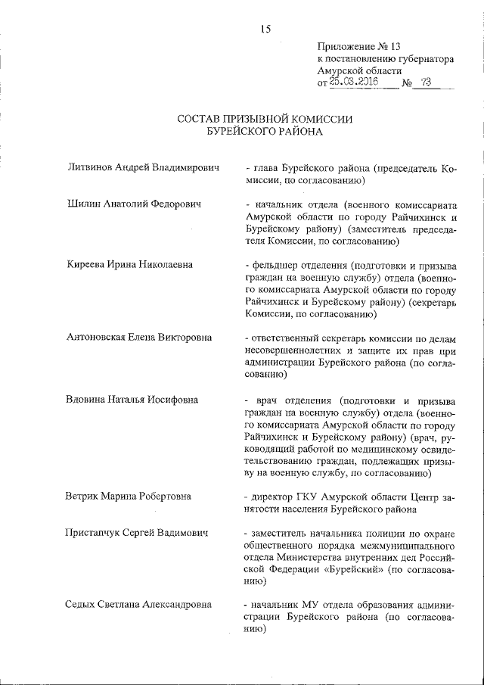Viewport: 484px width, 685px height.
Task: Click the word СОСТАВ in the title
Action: pyautogui.click(x=199, y=119)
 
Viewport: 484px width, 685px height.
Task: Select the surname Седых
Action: pyautogui.click(x=85, y=606)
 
